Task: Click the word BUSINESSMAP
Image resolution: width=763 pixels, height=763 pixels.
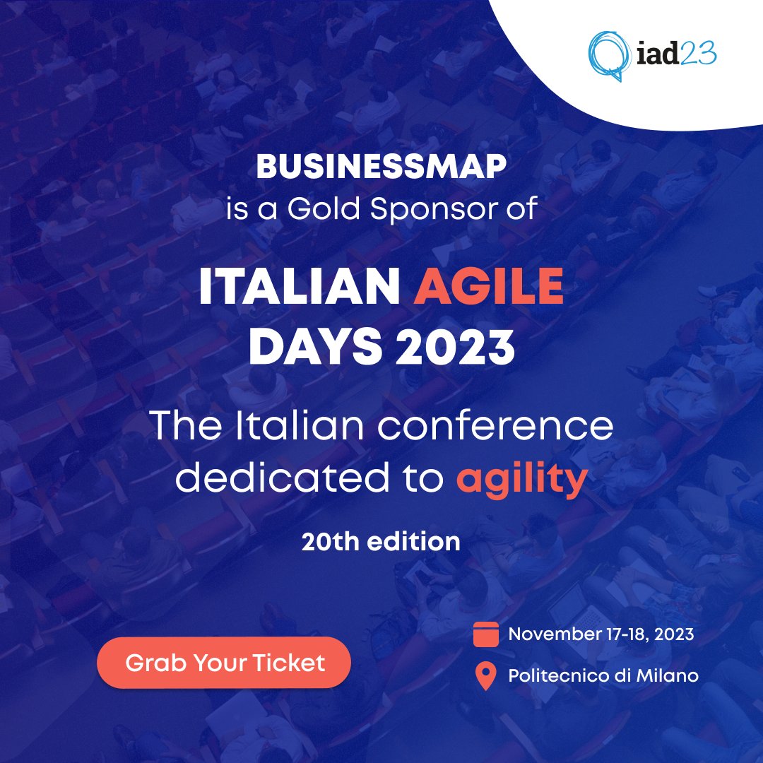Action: point(381,167)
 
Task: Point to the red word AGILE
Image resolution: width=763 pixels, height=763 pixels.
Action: point(488,290)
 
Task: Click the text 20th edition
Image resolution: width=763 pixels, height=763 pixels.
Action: point(381,542)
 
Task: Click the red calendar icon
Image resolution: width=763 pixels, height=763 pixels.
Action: point(485,634)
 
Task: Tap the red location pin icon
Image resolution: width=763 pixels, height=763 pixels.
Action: point(485,676)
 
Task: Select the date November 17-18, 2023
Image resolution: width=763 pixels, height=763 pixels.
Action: point(601,634)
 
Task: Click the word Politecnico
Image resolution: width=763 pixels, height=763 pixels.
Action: point(555,676)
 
